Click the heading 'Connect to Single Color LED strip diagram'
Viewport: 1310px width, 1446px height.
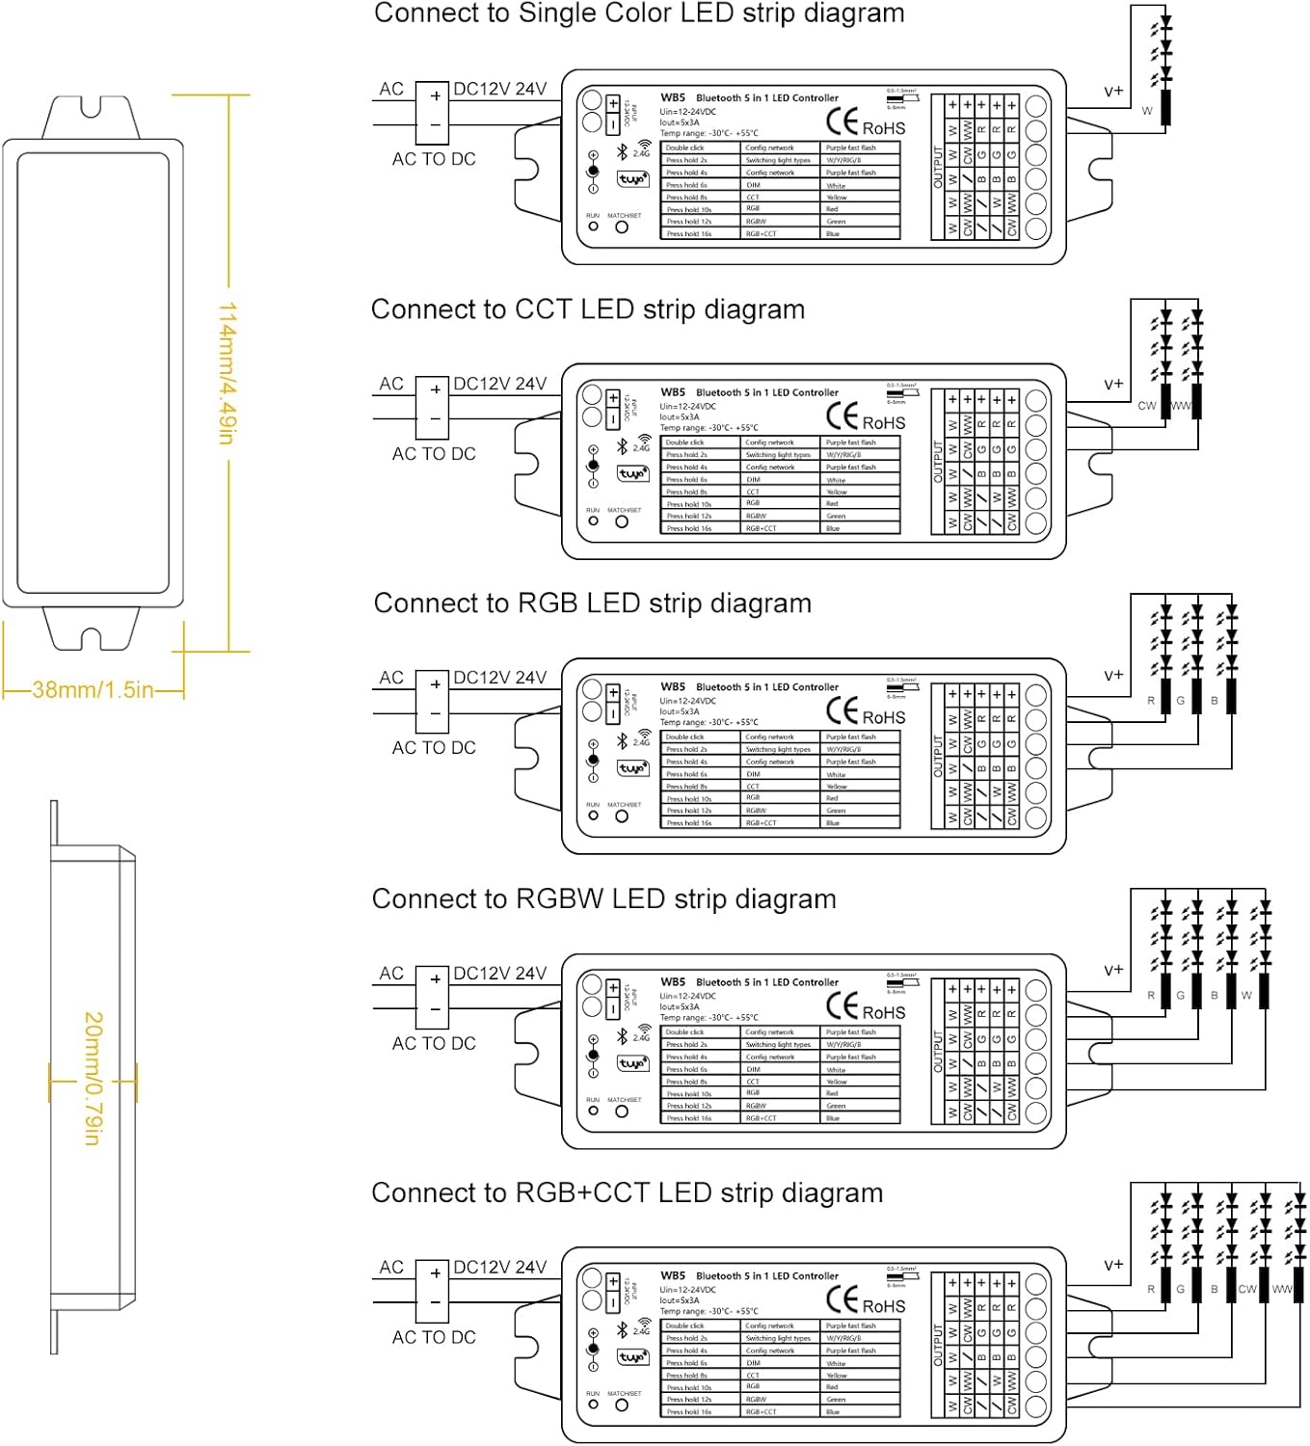[x=639, y=13]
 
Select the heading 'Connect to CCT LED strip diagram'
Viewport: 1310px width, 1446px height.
[x=588, y=309]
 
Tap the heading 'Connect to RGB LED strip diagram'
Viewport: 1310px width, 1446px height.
[x=592, y=603]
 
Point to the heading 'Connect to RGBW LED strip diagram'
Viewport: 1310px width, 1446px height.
[x=603, y=899]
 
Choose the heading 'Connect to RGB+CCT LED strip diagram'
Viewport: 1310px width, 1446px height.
[x=627, y=1193]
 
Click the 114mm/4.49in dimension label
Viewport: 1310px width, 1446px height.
[x=227, y=373]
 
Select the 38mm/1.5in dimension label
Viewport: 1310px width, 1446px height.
[x=93, y=690]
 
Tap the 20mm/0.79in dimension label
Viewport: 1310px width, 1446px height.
[x=93, y=1079]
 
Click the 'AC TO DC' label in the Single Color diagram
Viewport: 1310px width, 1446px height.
[x=434, y=159]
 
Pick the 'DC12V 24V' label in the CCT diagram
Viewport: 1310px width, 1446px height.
[x=499, y=384]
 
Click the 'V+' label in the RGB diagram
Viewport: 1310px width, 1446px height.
[x=1113, y=676]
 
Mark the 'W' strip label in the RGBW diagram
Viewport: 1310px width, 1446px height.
[x=1246, y=995]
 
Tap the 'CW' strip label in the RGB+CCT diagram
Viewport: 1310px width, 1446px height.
[x=1247, y=1289]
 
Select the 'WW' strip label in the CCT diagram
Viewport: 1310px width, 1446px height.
[x=1181, y=406]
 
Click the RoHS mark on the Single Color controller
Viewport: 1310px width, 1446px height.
[x=883, y=128]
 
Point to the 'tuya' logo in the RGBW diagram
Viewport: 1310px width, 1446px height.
[x=632, y=1063]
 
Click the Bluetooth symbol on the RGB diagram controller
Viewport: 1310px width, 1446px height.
[x=623, y=740]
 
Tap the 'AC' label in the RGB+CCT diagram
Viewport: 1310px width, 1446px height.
[x=391, y=1267]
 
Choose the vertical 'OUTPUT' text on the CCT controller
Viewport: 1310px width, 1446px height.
[x=937, y=462]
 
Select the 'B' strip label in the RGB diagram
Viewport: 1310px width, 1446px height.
[x=1214, y=701]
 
